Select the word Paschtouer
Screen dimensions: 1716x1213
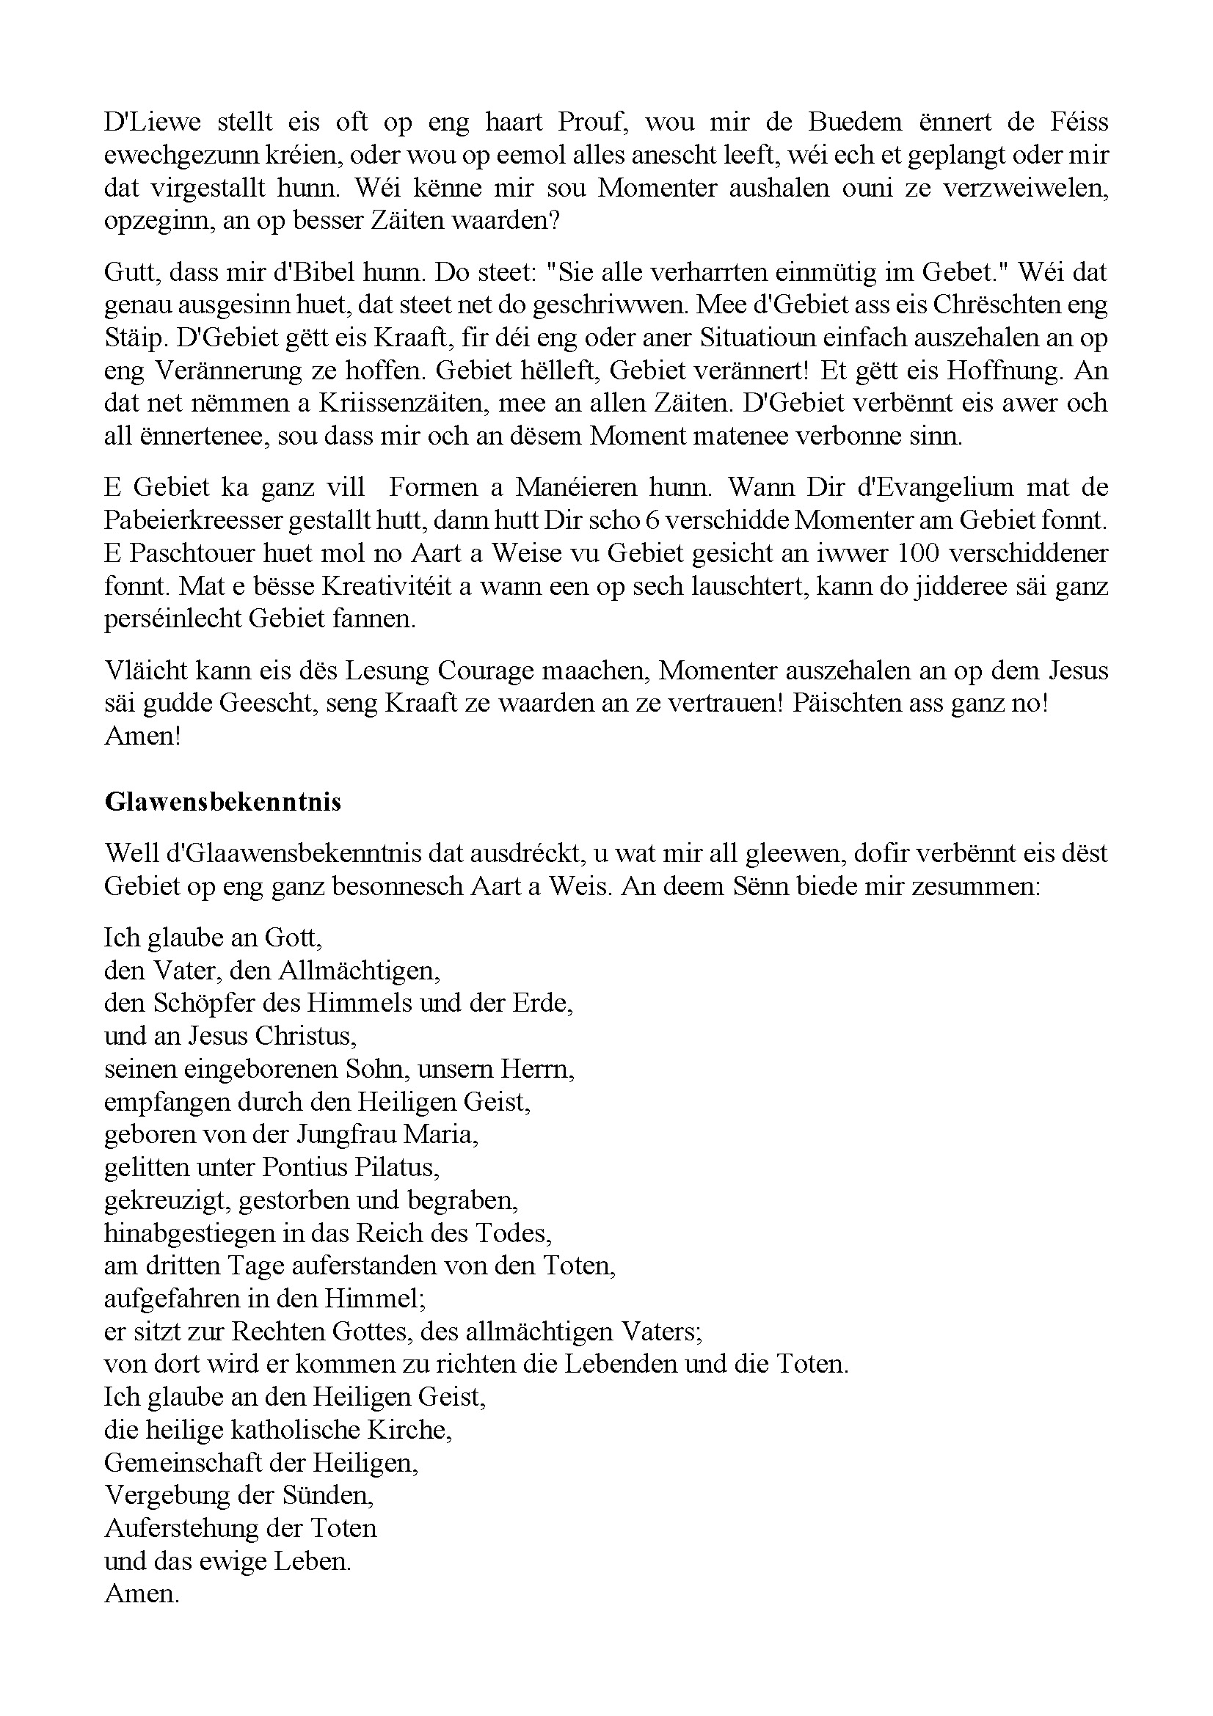[x=189, y=554]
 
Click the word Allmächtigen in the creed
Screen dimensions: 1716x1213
[x=359, y=971]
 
